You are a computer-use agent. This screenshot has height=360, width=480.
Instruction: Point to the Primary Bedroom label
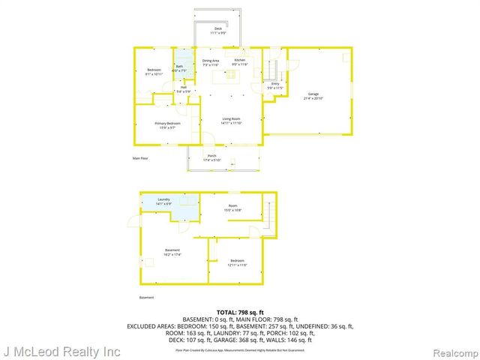click(x=168, y=124)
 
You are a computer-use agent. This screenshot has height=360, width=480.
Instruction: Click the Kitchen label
click(x=239, y=60)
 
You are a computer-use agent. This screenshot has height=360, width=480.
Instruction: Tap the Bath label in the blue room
click(x=180, y=68)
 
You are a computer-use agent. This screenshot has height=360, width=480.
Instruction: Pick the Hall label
click(x=183, y=87)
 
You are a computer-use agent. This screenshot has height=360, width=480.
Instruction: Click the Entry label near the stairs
click(x=275, y=84)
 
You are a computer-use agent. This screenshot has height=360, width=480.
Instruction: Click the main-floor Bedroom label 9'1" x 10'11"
click(x=154, y=70)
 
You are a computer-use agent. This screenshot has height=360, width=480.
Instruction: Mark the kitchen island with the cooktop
click(x=223, y=76)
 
